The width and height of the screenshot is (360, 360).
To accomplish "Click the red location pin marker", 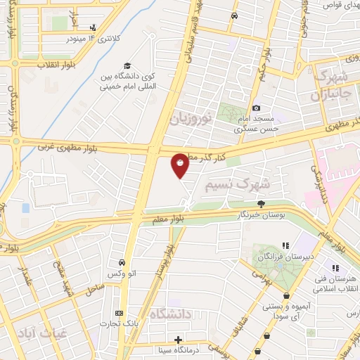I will (x=181, y=167).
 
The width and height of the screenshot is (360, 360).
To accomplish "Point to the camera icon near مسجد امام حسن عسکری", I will (x=257, y=108).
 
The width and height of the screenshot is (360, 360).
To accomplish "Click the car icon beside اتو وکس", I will (x=122, y=262).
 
